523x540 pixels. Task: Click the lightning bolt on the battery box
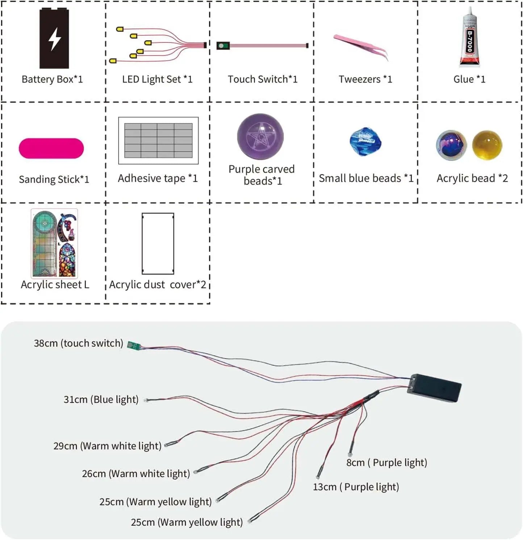pos(55,39)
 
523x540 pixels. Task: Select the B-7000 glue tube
pos(469,38)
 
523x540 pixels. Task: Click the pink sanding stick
pos(51,148)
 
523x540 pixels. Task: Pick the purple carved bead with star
pos(260,137)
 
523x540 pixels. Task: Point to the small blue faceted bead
pos(365,141)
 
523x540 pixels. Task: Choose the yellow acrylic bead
pos(487,145)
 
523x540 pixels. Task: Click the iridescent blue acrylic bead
pos(451,145)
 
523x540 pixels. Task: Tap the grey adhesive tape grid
pos(158,140)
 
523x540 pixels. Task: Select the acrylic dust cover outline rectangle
pos(158,243)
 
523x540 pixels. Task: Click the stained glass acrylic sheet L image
pos(54,243)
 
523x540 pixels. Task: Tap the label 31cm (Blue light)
pos(101,399)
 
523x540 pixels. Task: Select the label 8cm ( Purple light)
pos(386,462)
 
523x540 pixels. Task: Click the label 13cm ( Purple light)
pos(356,487)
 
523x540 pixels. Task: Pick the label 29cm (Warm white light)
pos(107,446)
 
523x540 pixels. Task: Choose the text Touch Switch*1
pos(262,79)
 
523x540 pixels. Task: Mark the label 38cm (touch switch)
pos(78,343)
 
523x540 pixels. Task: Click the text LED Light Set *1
pos(157,79)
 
